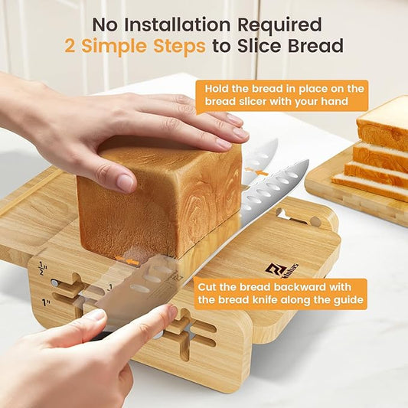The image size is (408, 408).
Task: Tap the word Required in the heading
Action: coord(280,26)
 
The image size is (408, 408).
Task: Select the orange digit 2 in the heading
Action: coord(70,45)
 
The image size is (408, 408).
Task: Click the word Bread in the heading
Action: coord(315,45)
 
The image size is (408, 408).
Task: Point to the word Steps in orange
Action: coord(179,47)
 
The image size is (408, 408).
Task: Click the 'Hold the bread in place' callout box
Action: coord(282,96)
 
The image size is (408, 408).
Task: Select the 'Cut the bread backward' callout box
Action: coord(280,294)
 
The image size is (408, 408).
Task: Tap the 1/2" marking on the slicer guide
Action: coord(42,268)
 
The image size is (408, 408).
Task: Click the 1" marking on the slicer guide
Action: coord(46,302)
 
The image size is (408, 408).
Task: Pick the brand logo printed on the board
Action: coord(282,269)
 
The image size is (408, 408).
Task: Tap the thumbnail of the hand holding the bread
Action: coord(126,183)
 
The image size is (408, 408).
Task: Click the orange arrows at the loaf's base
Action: coord(127,260)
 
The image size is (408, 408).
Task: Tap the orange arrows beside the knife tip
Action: coord(256,171)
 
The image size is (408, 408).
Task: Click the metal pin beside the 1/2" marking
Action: coord(54,282)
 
